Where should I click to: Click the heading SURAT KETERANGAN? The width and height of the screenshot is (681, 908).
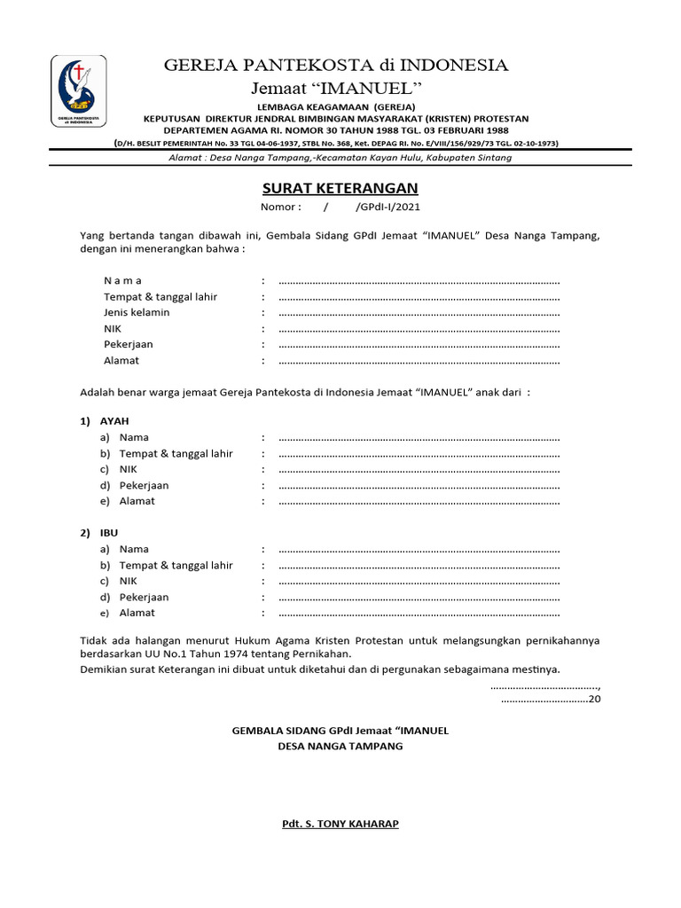340,188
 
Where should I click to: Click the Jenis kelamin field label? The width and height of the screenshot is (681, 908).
137,313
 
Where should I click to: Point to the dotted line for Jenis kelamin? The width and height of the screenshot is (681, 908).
419,313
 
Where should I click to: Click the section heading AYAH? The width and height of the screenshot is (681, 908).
114,421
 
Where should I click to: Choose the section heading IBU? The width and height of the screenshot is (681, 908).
109,533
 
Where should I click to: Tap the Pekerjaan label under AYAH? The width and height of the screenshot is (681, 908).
144,485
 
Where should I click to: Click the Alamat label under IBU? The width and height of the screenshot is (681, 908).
137,613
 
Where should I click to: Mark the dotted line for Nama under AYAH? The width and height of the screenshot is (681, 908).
419,438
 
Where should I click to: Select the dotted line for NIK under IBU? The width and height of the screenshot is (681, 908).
419,582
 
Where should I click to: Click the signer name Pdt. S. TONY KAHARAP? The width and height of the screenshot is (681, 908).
340,824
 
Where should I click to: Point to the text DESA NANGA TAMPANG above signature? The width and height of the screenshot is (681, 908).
340,747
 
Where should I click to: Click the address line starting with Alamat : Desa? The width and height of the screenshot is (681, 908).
340,158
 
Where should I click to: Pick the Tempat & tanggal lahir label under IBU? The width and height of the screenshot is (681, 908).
176,565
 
